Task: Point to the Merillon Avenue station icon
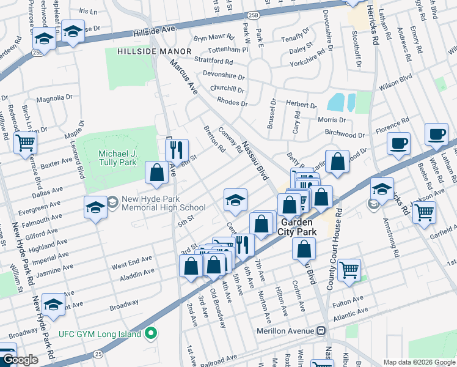click(x=320, y=331)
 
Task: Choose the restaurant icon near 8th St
click(x=177, y=149)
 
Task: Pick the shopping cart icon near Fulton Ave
click(x=349, y=269)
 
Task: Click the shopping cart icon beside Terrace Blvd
click(x=26, y=143)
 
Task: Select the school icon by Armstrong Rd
click(x=382, y=188)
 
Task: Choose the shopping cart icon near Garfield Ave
click(x=423, y=212)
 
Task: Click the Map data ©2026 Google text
click(x=419, y=361)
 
